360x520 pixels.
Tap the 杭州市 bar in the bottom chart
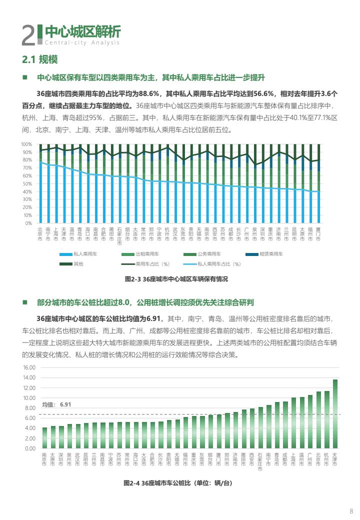pyautogui.click(x=327, y=420)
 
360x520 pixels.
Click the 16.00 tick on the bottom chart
pyautogui.click(x=29, y=367)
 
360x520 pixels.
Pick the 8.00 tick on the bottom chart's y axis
pyautogui.click(x=30, y=408)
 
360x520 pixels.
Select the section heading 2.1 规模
pyautogui.click(x=40, y=60)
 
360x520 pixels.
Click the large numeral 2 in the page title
pyautogui.click(x=28, y=35)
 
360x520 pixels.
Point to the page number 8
pyautogui.click(x=351, y=510)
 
